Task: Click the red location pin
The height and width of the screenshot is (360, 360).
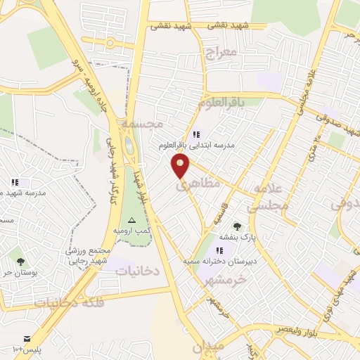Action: [x=181, y=165]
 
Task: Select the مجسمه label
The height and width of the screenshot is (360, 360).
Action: [x=142, y=123]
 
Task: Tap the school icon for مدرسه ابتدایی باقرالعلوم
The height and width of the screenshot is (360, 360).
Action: [x=195, y=134]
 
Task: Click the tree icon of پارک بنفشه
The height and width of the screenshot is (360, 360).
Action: [x=236, y=226]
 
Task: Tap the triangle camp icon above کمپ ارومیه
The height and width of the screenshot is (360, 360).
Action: [x=131, y=220]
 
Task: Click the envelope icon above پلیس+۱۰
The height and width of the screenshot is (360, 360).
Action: [x=27, y=338]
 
